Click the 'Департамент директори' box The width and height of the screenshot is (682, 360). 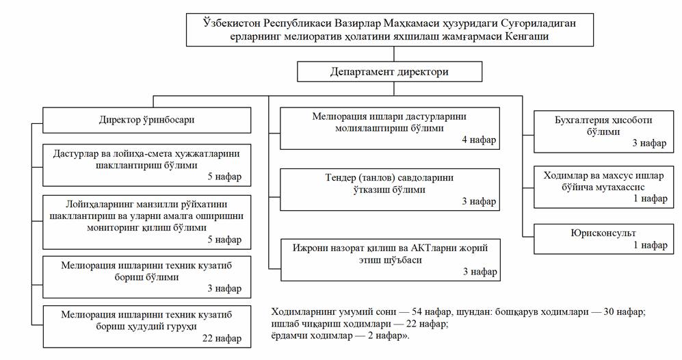coord(389,71)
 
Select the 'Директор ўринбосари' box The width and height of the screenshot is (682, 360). coord(146,120)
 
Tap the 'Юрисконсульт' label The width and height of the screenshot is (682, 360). coord(603,233)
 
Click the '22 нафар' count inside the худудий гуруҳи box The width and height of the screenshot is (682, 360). coord(222,338)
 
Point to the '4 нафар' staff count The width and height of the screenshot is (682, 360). coord(479,140)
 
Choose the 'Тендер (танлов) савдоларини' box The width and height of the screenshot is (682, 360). coord(390,190)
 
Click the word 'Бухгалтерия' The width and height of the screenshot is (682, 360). coord(582,120)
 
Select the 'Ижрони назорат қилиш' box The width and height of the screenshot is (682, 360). coord(390,260)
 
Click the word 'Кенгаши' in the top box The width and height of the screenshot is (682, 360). coord(527,36)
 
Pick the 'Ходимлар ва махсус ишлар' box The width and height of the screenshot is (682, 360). coord(603,187)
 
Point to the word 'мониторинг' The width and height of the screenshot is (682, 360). coord(112,228)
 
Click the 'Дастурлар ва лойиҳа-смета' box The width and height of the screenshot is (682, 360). coord(146,166)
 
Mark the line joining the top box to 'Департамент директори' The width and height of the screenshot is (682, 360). coord(394,54)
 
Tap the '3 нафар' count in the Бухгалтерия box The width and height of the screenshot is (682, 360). coord(649,143)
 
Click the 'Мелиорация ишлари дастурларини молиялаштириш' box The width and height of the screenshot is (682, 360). coord(390,129)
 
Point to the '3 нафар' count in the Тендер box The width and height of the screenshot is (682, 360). coord(479,201)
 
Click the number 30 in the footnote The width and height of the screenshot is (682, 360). coord(609,311)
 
